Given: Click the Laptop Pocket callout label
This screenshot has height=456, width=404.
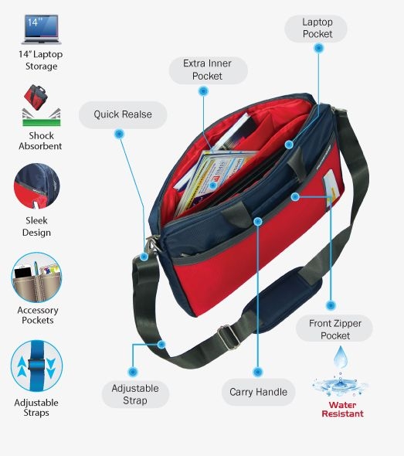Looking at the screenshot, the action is (x=316, y=29).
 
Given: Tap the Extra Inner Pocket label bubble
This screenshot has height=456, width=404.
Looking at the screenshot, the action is (x=208, y=70).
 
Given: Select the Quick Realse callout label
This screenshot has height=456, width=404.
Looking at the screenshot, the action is (x=123, y=114).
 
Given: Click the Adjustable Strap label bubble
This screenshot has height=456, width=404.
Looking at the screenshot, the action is (x=135, y=394).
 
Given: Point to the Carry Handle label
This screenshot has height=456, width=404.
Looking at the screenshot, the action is (x=258, y=392).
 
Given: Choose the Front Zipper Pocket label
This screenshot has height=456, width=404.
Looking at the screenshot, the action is (x=334, y=329).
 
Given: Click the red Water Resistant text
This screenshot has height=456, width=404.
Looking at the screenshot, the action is (x=342, y=410).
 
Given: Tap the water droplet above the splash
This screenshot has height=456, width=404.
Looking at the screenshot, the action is (x=340, y=357).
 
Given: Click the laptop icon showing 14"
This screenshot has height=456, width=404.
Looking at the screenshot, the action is (x=41, y=29).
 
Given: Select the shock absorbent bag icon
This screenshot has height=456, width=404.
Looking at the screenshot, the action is (x=41, y=105).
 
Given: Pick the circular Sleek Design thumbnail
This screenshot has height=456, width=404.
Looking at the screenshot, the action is (x=36, y=186).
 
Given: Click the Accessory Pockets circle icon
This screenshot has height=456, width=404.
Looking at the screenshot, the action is (x=36, y=277).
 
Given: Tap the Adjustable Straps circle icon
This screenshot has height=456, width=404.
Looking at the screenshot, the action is (x=36, y=366).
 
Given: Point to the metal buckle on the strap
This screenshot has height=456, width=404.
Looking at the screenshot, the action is (x=229, y=337).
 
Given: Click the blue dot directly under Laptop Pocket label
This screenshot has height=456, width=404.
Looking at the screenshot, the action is (x=319, y=48).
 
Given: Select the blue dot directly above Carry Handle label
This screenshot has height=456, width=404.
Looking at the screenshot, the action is (x=258, y=372).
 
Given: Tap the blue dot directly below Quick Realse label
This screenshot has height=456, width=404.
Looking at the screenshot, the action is (x=119, y=134).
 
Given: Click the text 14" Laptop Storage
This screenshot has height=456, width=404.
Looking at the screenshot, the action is (x=41, y=60).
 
